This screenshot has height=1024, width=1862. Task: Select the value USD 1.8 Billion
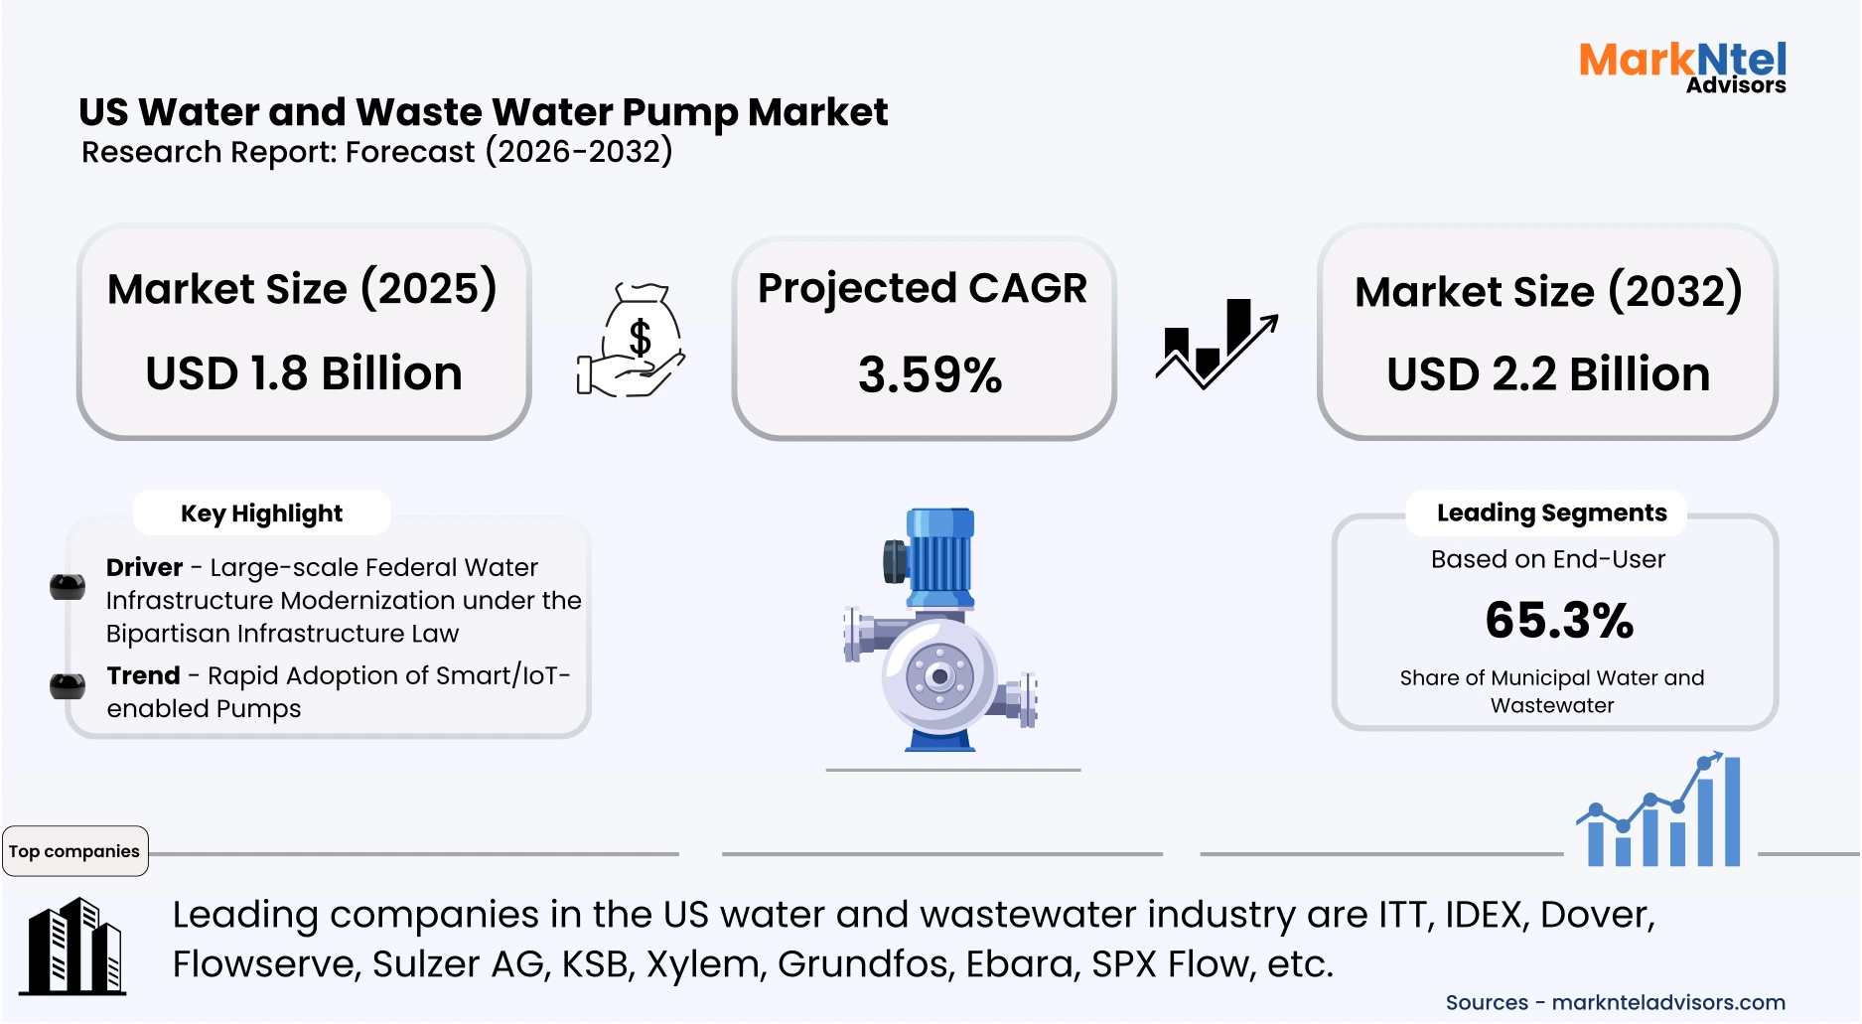click(x=304, y=374)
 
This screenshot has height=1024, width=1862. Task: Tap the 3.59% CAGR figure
click(x=930, y=375)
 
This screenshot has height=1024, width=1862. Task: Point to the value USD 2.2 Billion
click(x=1547, y=375)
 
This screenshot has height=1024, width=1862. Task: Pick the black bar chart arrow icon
click(x=1217, y=344)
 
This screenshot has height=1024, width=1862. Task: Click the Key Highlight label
click(x=261, y=513)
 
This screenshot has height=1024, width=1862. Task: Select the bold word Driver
click(x=144, y=567)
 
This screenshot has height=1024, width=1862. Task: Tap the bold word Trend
click(x=143, y=675)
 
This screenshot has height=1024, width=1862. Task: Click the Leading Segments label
click(x=1551, y=512)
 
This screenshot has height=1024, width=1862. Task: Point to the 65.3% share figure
click(x=1559, y=621)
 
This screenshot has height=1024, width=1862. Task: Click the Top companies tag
click(x=74, y=851)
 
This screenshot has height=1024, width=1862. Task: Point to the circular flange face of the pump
click(x=938, y=676)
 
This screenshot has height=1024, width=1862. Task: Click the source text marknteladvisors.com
click(x=1667, y=1002)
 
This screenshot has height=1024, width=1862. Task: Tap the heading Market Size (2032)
click(x=1547, y=292)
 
